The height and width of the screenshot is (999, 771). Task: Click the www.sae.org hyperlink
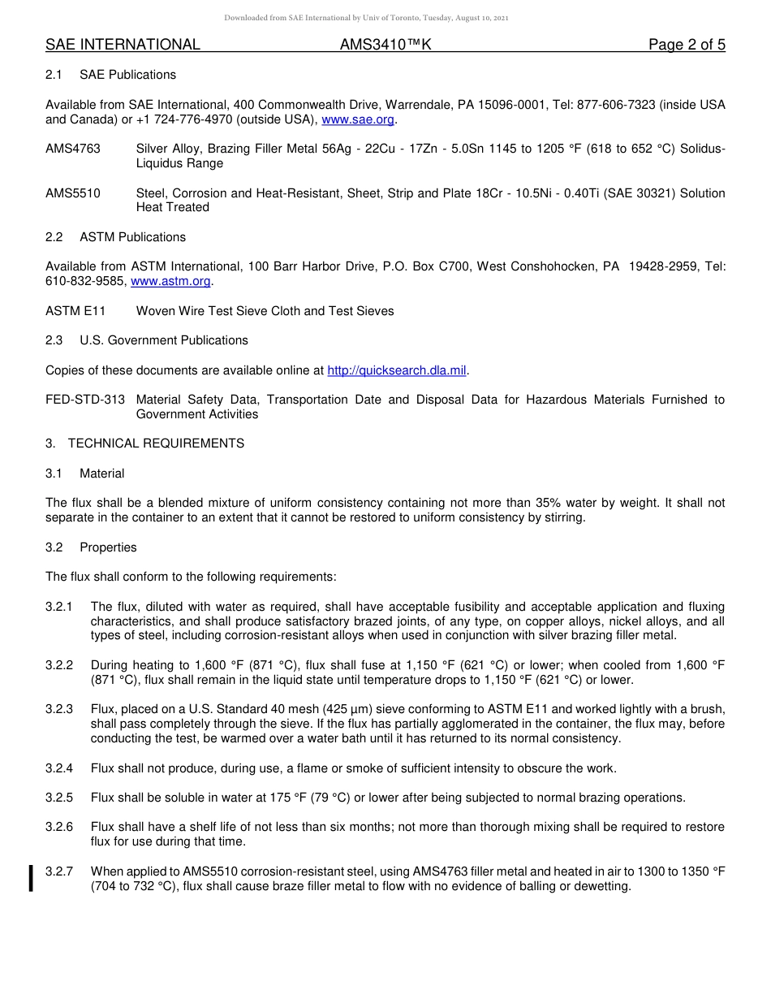358,119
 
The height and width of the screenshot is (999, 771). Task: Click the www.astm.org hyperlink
170,281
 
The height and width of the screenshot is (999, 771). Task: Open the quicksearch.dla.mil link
397,370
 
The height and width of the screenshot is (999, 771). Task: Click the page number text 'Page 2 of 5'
687,45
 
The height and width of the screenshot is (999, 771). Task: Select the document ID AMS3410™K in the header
385,45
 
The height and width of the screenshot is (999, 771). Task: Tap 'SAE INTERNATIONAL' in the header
123,45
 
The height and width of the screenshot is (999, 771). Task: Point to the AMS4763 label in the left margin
73,149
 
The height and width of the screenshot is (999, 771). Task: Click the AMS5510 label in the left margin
73,193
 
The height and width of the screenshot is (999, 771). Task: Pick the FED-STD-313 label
85,400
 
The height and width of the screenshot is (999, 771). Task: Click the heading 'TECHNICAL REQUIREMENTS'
156,443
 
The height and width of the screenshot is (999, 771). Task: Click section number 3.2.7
59,871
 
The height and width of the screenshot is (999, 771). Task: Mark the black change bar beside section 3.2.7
31,879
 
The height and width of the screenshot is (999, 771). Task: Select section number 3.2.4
59,768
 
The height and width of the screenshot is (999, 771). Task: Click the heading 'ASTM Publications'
132,237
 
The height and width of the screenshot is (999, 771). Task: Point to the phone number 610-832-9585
85,281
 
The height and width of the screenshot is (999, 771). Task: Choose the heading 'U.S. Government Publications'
164,340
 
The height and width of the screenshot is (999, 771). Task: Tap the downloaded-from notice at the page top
366,18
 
